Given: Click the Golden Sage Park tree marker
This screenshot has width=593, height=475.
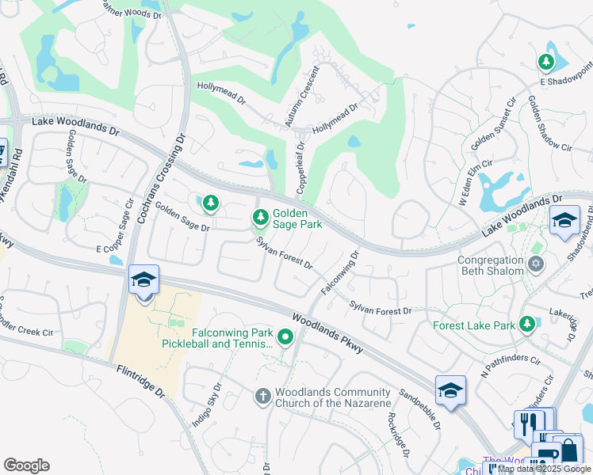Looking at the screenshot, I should tap(260, 217).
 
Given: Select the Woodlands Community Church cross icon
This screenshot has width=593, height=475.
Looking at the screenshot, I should tap(263, 395).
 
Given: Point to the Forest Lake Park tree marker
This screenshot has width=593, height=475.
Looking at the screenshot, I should tap(526, 325).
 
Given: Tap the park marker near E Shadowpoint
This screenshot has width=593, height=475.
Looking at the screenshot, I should tap(546, 63).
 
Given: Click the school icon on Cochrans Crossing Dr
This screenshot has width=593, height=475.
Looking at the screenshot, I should tap(144, 280).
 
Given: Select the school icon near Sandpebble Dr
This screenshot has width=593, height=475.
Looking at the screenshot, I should tap(450, 389).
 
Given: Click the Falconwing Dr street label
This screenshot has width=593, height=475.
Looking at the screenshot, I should tap(340, 273).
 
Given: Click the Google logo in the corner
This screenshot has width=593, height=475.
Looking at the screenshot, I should tap(26, 465).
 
